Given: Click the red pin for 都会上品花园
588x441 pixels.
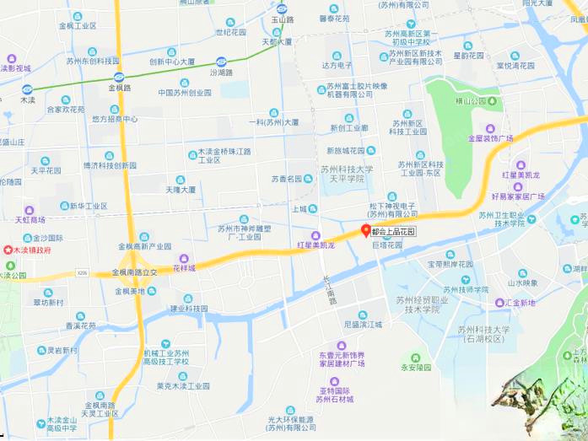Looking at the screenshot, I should pyautogui.click(x=365, y=230).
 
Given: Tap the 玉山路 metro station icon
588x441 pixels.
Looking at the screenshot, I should pyautogui.click(x=282, y=9).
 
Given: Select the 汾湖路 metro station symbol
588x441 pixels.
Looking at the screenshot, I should pyautogui.click(x=221, y=62).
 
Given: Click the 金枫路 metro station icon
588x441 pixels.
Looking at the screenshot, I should pyautogui.click(x=119, y=78).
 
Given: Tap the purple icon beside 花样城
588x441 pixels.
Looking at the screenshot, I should pyautogui.click(x=184, y=258).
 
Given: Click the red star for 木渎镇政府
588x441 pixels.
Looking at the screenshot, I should pyautogui.click(x=9, y=250).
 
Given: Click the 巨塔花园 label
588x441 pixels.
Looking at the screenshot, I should pyautogui.click(x=387, y=245).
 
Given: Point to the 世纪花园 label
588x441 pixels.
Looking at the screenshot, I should pyautogui.click(x=230, y=32).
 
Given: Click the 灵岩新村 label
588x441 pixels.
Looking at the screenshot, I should pyautogui.click(x=62, y=350).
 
